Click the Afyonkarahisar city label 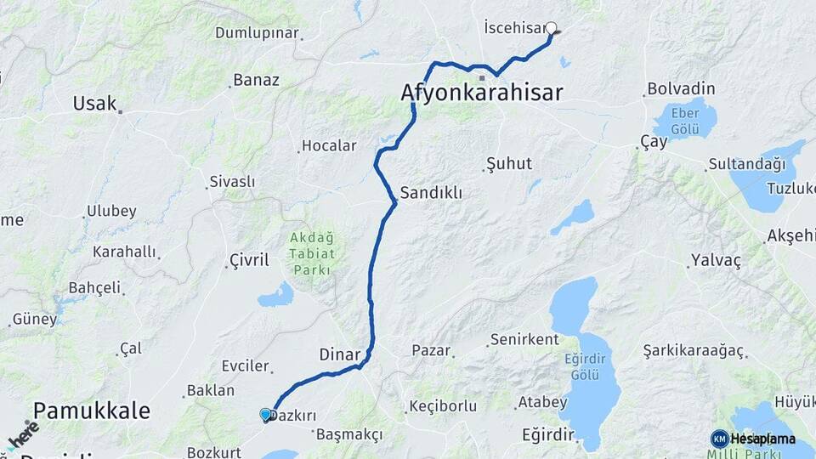click(481, 92)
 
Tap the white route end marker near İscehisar click(551, 28)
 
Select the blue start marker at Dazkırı click(266, 415)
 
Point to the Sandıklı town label click(431, 193)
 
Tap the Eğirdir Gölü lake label click(586, 367)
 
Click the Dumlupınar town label click(257, 33)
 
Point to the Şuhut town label click(508, 163)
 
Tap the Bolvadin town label click(681, 88)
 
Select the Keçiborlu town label click(443, 406)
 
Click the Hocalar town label click(330, 145)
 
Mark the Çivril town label click(249, 259)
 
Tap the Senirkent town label click(524, 339)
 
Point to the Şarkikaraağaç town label click(694, 351)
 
